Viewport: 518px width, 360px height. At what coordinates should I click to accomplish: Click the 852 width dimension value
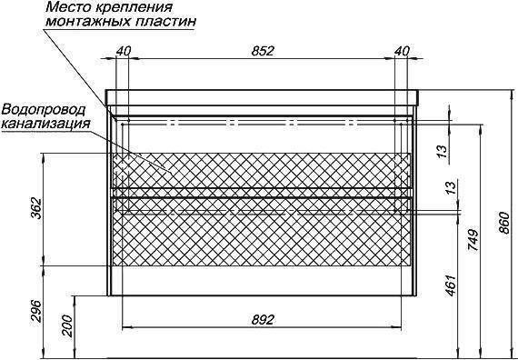pyautogui.click(x=263, y=51)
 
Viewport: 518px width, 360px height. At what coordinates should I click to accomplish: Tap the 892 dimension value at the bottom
pyautogui.click(x=263, y=320)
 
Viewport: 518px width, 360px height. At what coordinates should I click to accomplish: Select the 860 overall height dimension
pyautogui.click(x=504, y=223)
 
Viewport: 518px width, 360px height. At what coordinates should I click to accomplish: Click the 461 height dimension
pyautogui.click(x=452, y=285)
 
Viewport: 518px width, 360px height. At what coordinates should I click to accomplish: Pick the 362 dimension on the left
pyautogui.click(x=36, y=208)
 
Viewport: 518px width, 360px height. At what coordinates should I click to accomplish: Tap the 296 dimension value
pyautogui.click(x=36, y=311)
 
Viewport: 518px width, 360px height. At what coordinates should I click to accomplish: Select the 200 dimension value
pyautogui.click(x=67, y=325)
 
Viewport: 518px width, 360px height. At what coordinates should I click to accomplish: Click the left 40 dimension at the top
pyautogui.click(x=124, y=51)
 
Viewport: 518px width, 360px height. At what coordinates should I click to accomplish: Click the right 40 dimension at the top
pyautogui.click(x=402, y=51)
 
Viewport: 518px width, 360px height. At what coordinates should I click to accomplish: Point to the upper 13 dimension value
pyautogui.click(x=443, y=150)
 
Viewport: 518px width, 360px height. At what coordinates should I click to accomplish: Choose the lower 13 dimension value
pyautogui.click(x=452, y=187)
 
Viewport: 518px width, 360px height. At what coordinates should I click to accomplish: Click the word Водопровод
pyautogui.click(x=44, y=109)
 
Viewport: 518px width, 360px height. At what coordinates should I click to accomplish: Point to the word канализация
pyautogui.click(x=46, y=124)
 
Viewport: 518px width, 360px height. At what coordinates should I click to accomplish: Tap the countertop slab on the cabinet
pyautogui.click(x=263, y=97)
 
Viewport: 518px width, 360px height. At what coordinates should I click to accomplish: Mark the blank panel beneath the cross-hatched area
pyautogui.click(x=263, y=280)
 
